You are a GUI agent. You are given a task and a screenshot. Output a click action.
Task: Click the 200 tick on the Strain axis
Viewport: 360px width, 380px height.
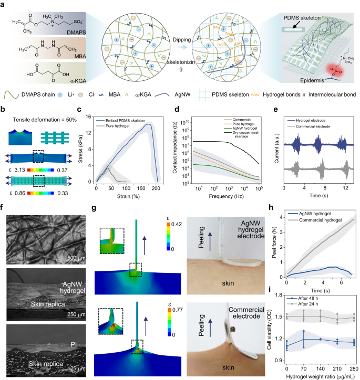tap(157, 188)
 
